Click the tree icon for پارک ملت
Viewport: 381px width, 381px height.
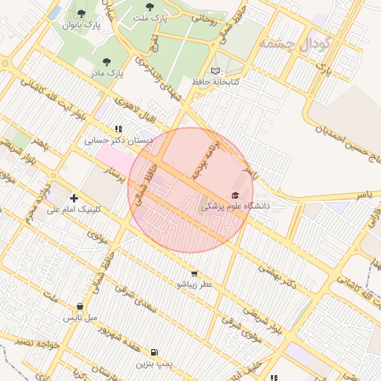pos(150,7)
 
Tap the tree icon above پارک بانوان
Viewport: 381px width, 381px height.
pos(81,13)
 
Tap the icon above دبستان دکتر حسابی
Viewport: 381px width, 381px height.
pos(118,128)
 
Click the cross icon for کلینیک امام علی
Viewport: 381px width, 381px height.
pos(74,198)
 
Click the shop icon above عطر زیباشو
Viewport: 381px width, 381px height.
pos(194,273)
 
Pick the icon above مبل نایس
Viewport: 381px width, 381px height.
pos(80,306)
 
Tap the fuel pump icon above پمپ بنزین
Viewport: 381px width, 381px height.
pos(154,352)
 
